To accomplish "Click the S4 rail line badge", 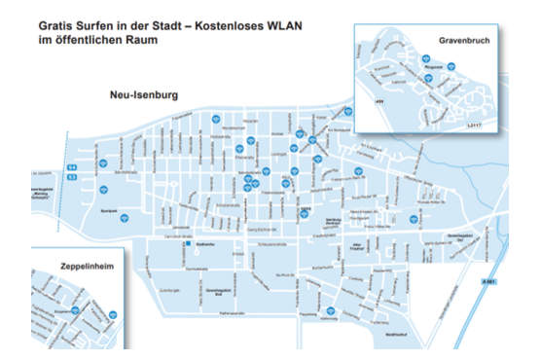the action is point(72,167).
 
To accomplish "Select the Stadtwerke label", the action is point(205,244).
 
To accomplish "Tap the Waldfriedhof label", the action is point(396,333).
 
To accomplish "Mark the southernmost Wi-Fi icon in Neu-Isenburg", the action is point(331,310).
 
